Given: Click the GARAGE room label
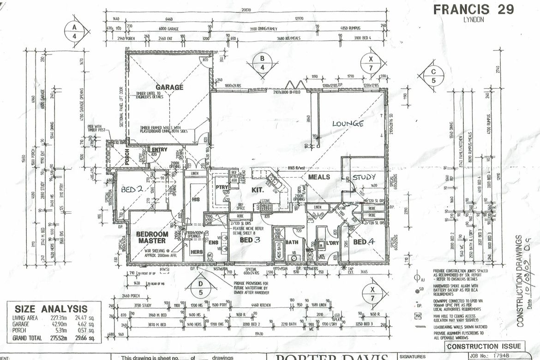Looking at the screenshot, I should (169, 87).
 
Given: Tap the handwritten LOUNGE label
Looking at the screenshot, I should (348, 124).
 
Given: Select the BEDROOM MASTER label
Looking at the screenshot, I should (151, 237).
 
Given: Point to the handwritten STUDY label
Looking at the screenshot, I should (364, 177).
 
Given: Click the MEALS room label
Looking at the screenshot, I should (319, 177).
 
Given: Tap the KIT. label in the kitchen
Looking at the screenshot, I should (257, 190).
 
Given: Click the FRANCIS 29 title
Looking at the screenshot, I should (474, 10).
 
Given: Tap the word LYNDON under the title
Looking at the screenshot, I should (473, 20).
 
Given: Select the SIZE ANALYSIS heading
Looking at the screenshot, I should (51, 309).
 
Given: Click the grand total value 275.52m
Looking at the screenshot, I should (59, 338).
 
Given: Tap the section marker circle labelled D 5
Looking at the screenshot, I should (200, 286).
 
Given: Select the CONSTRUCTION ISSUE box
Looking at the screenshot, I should (484, 346).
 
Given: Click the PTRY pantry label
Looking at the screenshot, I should (220, 187).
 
